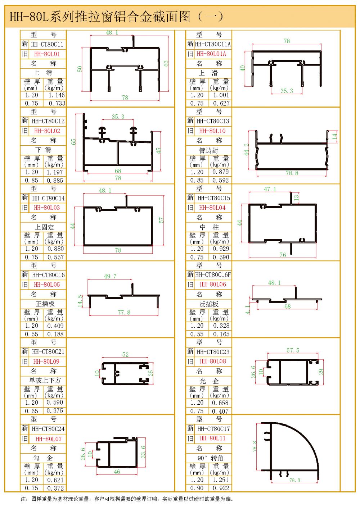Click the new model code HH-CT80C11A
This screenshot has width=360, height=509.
pos(213,44)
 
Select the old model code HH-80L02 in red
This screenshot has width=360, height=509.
pos(47,131)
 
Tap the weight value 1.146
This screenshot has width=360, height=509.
pos(57,95)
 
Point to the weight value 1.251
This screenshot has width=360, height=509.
pos(220,480)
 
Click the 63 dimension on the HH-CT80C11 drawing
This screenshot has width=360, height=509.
pos(166,63)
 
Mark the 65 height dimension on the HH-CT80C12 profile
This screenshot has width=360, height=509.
pos(74,142)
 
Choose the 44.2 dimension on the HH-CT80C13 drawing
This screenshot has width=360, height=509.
pos(247,150)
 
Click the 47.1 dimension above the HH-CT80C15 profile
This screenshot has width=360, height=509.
pos(270,189)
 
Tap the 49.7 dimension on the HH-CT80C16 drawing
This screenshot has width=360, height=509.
pos(110,276)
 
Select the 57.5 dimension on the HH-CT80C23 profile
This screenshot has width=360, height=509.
pos(293,350)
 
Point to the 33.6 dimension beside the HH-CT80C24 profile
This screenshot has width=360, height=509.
pos(143,452)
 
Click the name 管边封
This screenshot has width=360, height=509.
pos(209,150)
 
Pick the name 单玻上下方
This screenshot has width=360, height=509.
pos(45,381)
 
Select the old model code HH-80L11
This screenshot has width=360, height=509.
pos(212,438)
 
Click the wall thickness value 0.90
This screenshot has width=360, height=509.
pos(197,488)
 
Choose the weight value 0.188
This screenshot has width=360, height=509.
pos(55,334)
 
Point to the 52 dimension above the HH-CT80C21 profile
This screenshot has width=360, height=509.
pos(125,355)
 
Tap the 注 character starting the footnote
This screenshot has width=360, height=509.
pos(23,499)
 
